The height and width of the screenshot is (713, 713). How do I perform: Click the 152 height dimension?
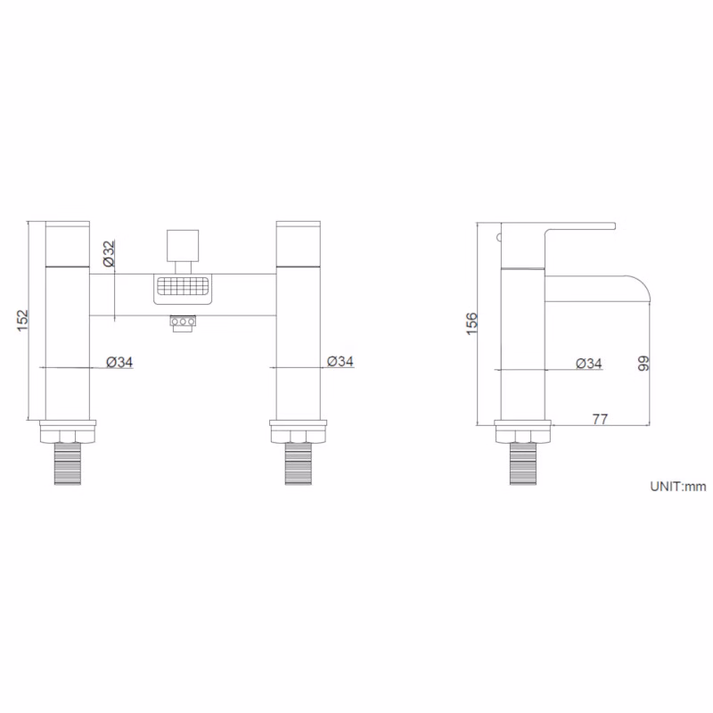tap(22, 321)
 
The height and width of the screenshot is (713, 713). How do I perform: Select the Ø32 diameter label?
tap(109, 253)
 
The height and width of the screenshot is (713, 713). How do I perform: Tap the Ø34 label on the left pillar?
tap(119, 362)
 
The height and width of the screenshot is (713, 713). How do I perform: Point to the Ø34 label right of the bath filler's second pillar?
tap(340, 361)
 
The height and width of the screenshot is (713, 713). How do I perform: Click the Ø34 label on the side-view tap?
tap(589, 364)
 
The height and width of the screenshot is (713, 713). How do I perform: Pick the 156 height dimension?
tap(472, 324)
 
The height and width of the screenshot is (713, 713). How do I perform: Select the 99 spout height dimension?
tap(643, 364)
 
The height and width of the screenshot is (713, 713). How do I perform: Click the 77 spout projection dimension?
tap(600, 419)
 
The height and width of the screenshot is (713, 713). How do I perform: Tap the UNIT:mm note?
tap(678, 487)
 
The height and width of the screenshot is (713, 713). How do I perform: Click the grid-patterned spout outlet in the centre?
tap(183, 289)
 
